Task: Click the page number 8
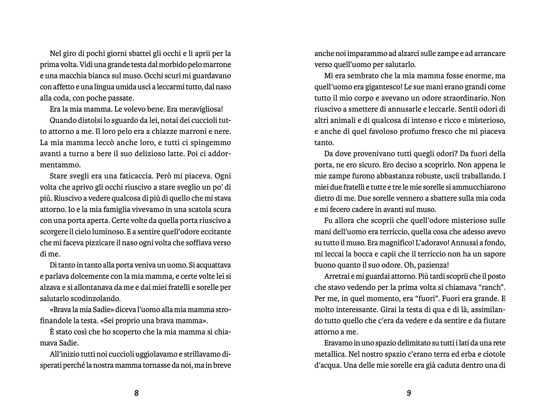tap(136, 393)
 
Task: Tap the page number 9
tap(408, 393)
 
